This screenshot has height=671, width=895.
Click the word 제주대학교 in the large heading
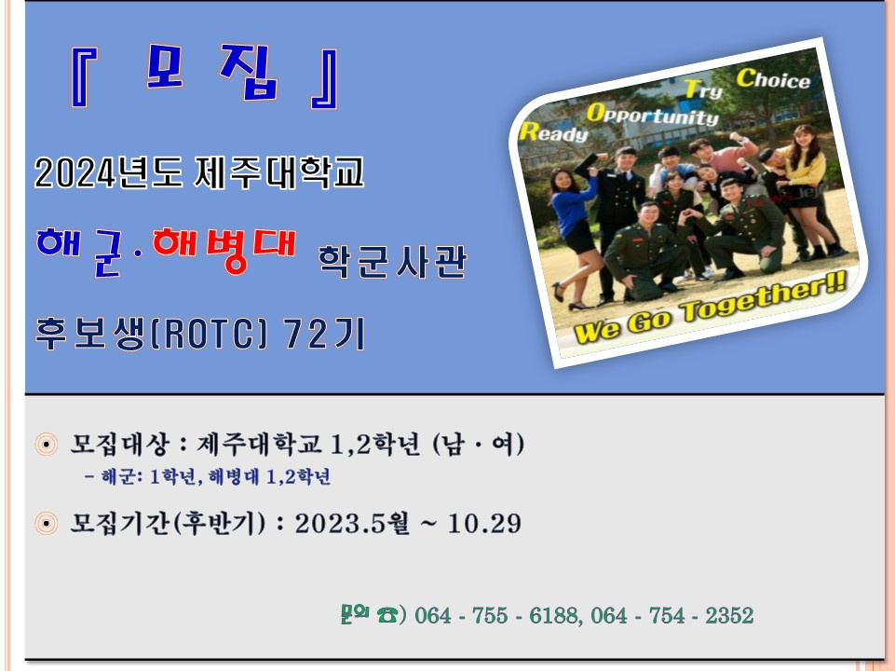(280, 172)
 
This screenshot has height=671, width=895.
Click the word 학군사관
(392, 263)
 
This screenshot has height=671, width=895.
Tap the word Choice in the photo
(773, 80)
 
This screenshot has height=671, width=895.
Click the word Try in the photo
(704, 90)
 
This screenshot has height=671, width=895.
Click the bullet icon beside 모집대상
(46, 444)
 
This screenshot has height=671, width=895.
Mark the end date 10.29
(483, 524)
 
